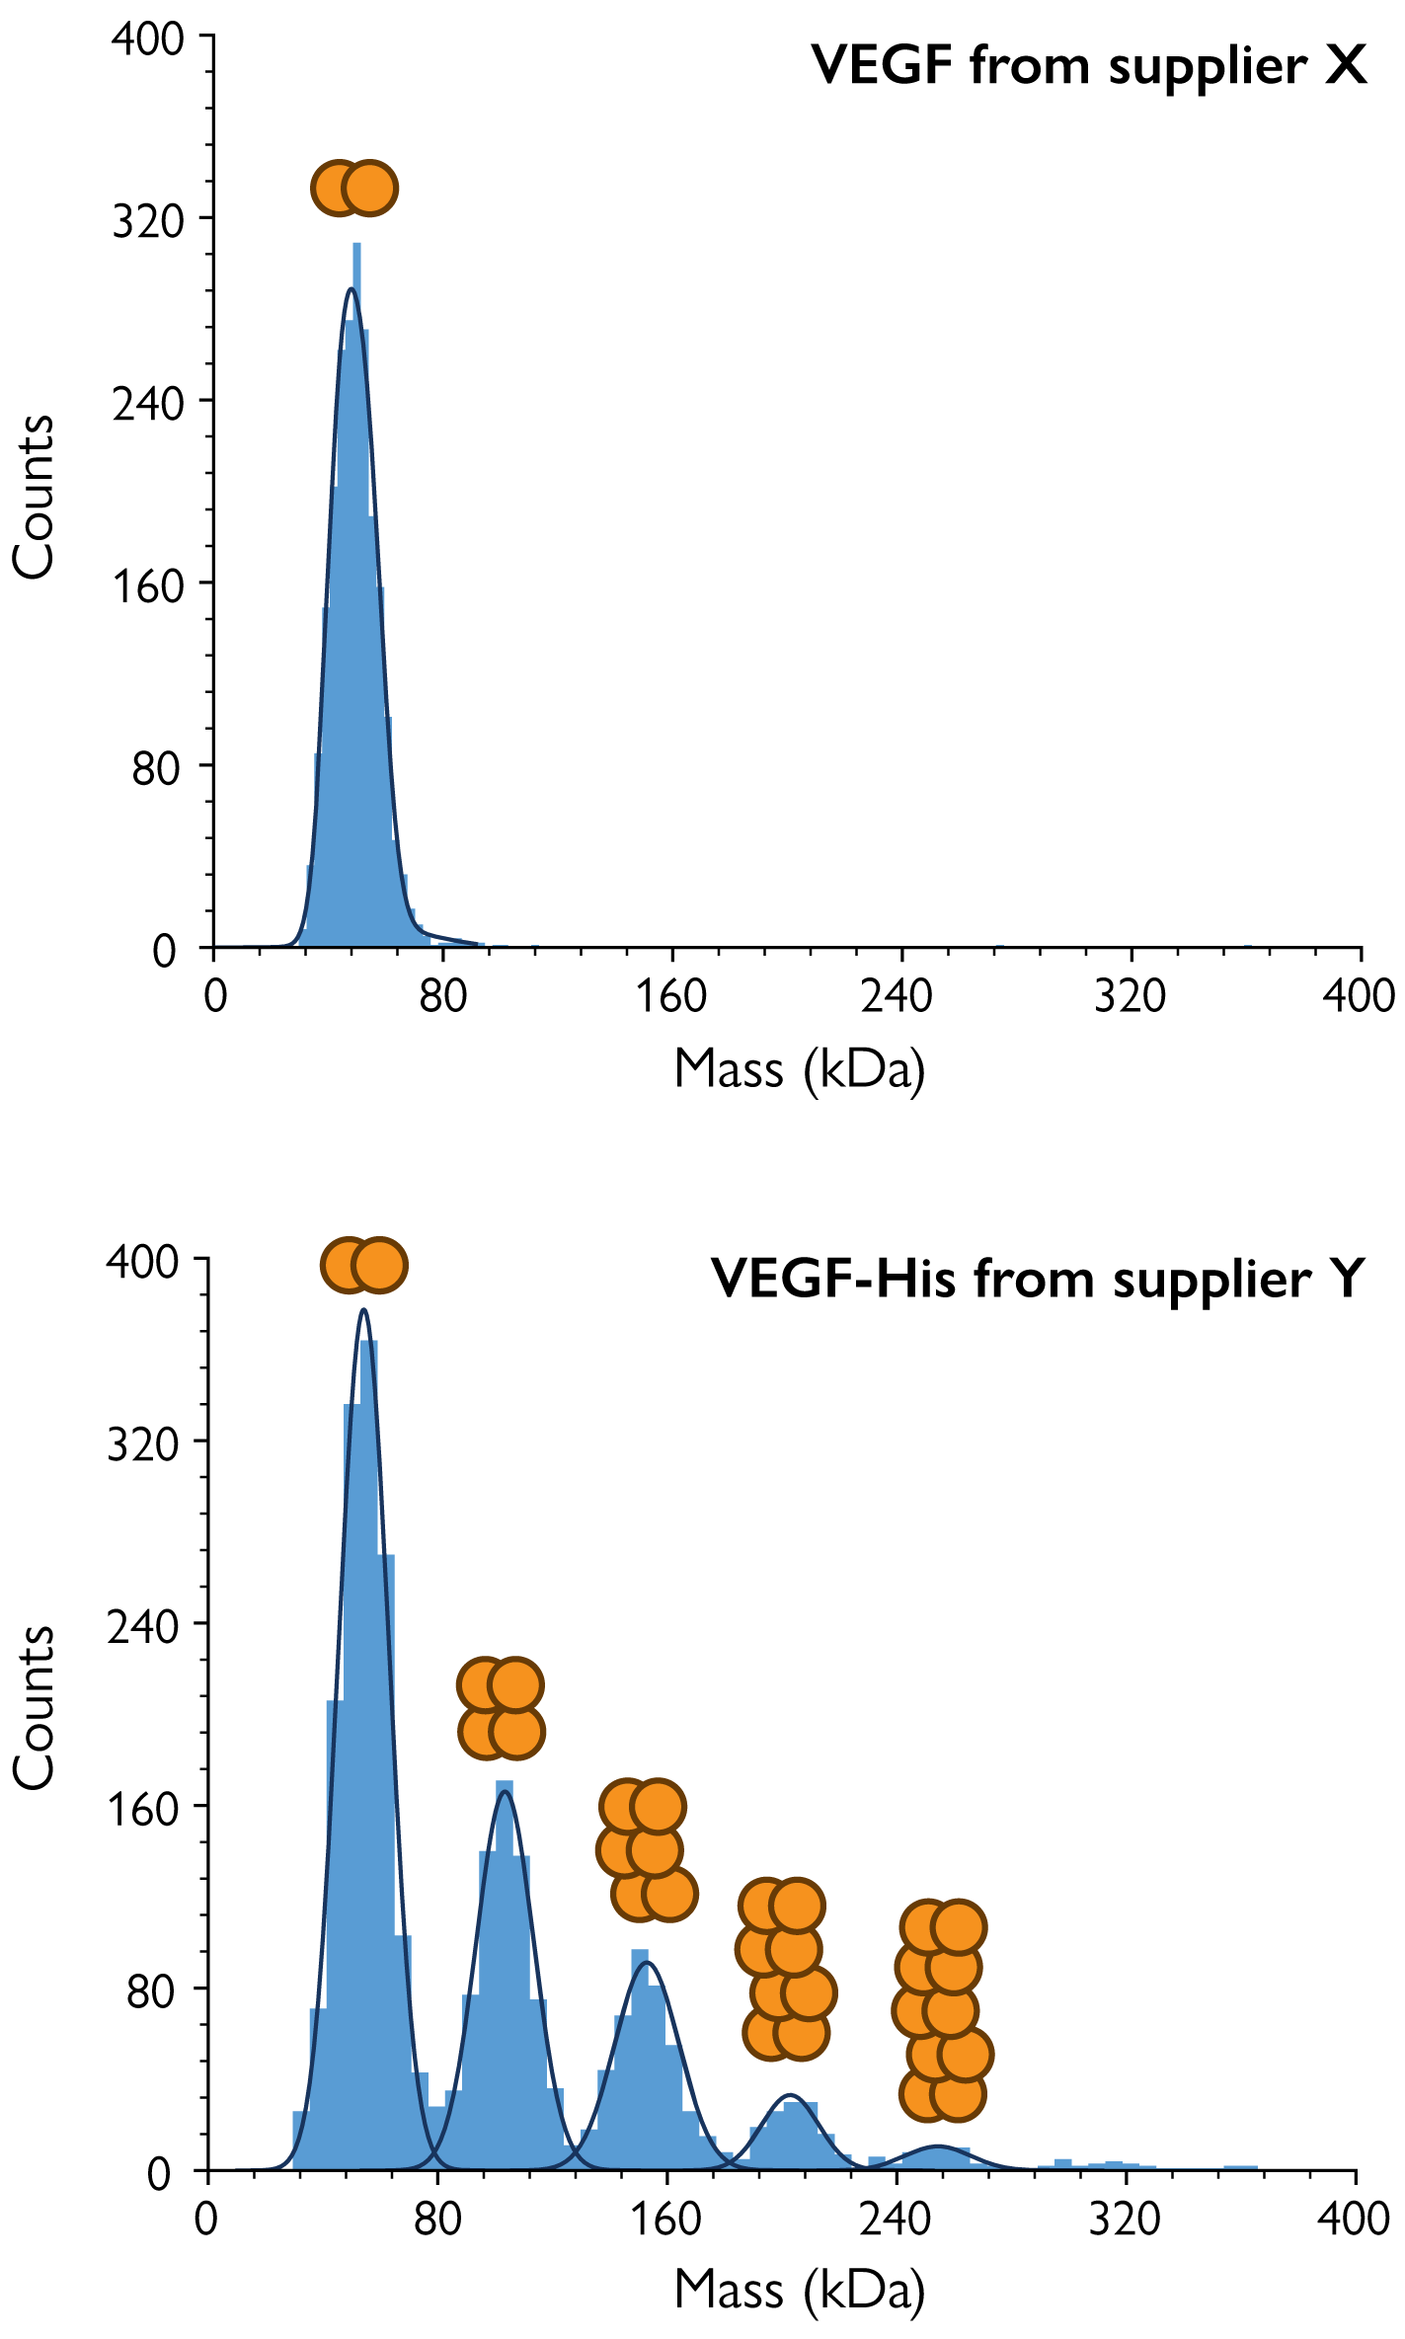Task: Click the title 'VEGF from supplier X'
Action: tap(1089, 66)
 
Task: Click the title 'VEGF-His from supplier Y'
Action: tap(1037, 1280)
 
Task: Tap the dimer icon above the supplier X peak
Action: tap(354, 188)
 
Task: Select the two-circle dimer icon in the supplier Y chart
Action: tap(364, 1265)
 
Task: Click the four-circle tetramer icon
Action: tap(502, 1709)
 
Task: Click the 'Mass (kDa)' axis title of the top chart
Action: tap(800, 1069)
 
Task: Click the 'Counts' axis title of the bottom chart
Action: tap(35, 1708)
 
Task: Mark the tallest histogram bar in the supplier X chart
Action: tap(356, 592)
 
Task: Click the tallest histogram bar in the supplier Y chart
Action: tap(369, 1757)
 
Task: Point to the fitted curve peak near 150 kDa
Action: tap(647, 1963)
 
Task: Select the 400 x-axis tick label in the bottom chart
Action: tap(1353, 2220)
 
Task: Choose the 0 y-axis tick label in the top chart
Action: tap(164, 951)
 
